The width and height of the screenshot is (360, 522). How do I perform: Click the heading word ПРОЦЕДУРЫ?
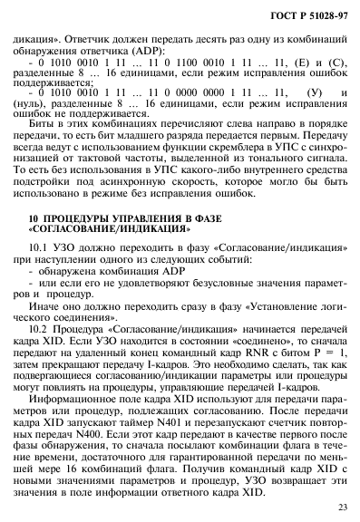[77, 219]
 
